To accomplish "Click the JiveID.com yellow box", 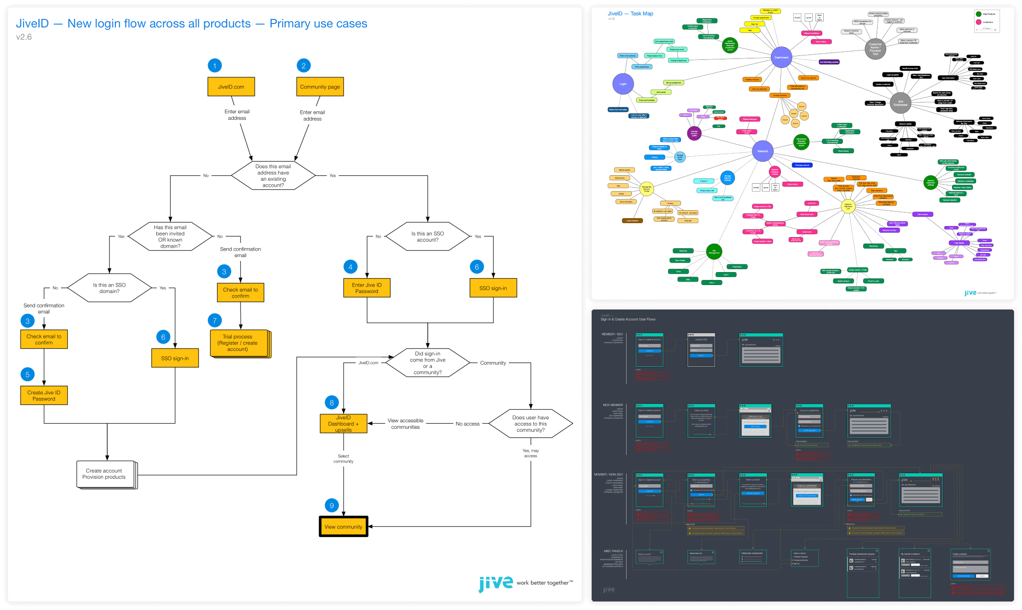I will pyautogui.click(x=231, y=87).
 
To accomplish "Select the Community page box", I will pyautogui.click(x=320, y=87).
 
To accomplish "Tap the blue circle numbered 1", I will pyautogui.click(x=215, y=65).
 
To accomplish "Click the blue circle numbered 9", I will pyautogui.click(x=332, y=506).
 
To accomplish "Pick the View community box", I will pyautogui.click(x=343, y=527).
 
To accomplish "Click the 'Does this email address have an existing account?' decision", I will pyautogui.click(x=273, y=176).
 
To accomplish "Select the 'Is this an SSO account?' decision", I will pyautogui.click(x=427, y=237).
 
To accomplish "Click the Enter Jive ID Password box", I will pyautogui.click(x=367, y=288).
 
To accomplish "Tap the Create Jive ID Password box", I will pyautogui.click(x=44, y=395).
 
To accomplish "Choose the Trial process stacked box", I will pyautogui.click(x=238, y=343).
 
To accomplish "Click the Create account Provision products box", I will pyautogui.click(x=104, y=474).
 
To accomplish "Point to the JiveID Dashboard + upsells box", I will pyautogui.click(x=343, y=423).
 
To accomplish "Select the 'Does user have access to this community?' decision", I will pyautogui.click(x=530, y=424).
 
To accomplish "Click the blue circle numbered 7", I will pyautogui.click(x=215, y=320).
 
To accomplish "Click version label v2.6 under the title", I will pyautogui.click(x=23, y=37).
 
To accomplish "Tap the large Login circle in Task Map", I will pyautogui.click(x=623, y=84).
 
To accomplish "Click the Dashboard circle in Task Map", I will pyautogui.click(x=781, y=57).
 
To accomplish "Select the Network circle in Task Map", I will pyautogui.click(x=762, y=151).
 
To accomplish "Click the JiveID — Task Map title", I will pyautogui.click(x=630, y=13).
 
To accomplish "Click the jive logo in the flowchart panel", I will pyautogui.click(x=496, y=583).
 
